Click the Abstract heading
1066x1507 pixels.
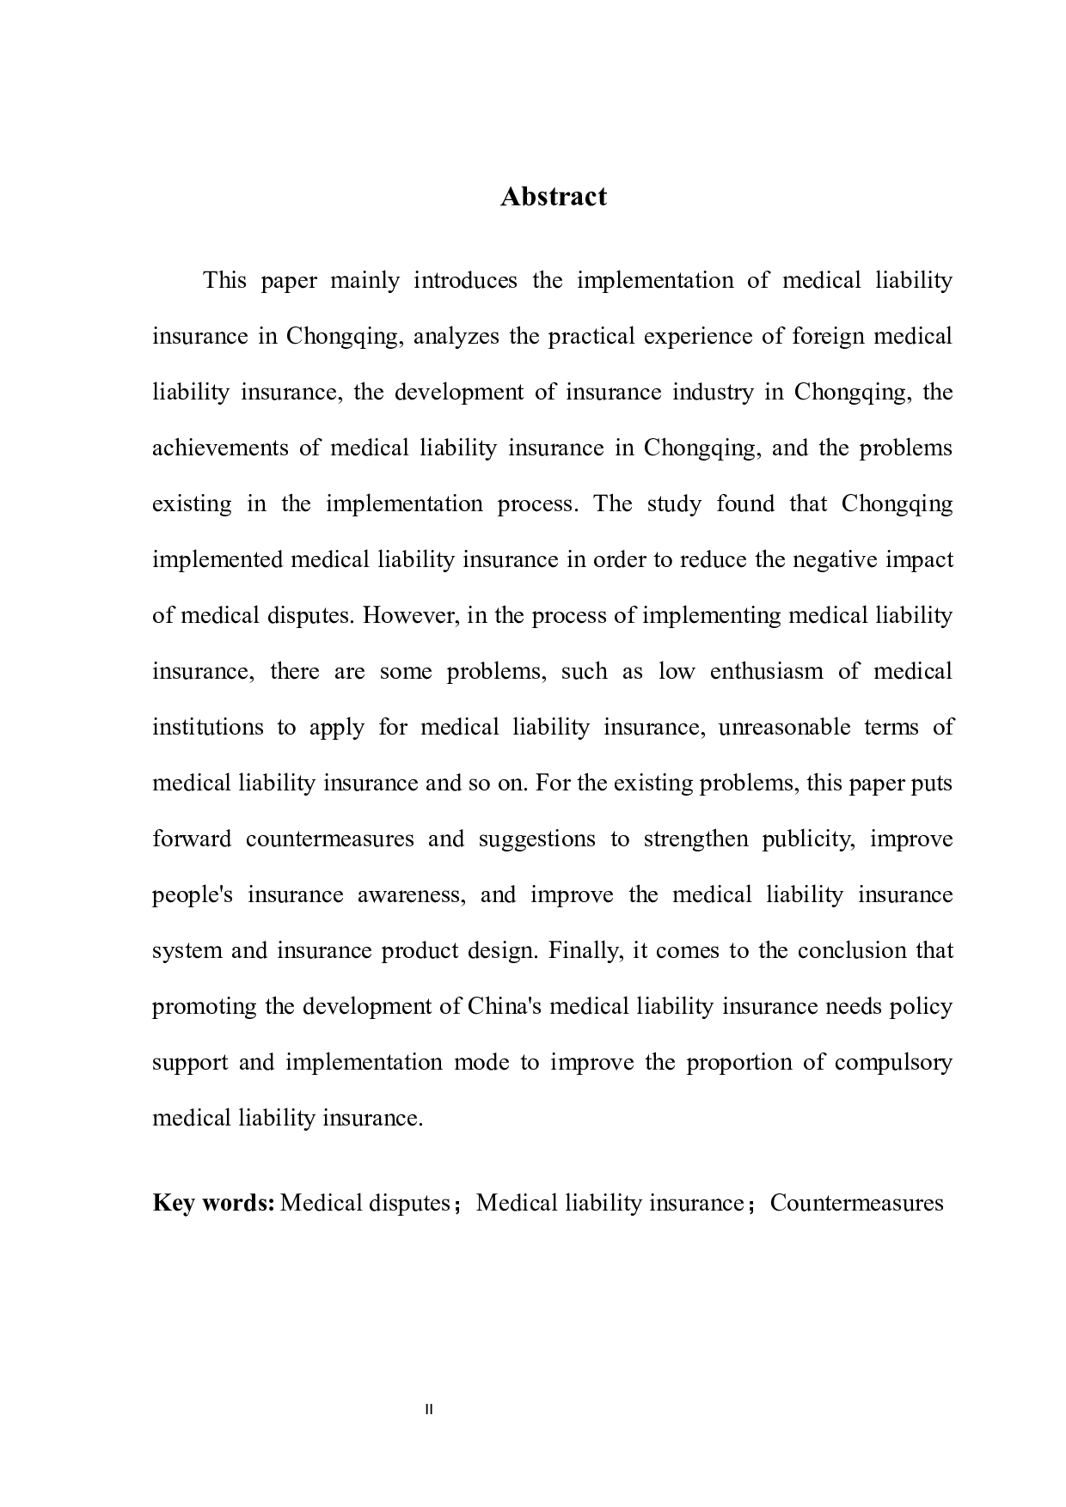[x=553, y=197]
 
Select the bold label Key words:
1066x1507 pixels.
[x=213, y=1202]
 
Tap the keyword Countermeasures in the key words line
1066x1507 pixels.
[x=856, y=1202]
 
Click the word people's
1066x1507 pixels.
[x=193, y=894]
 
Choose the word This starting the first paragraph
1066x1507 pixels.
[x=225, y=280]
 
